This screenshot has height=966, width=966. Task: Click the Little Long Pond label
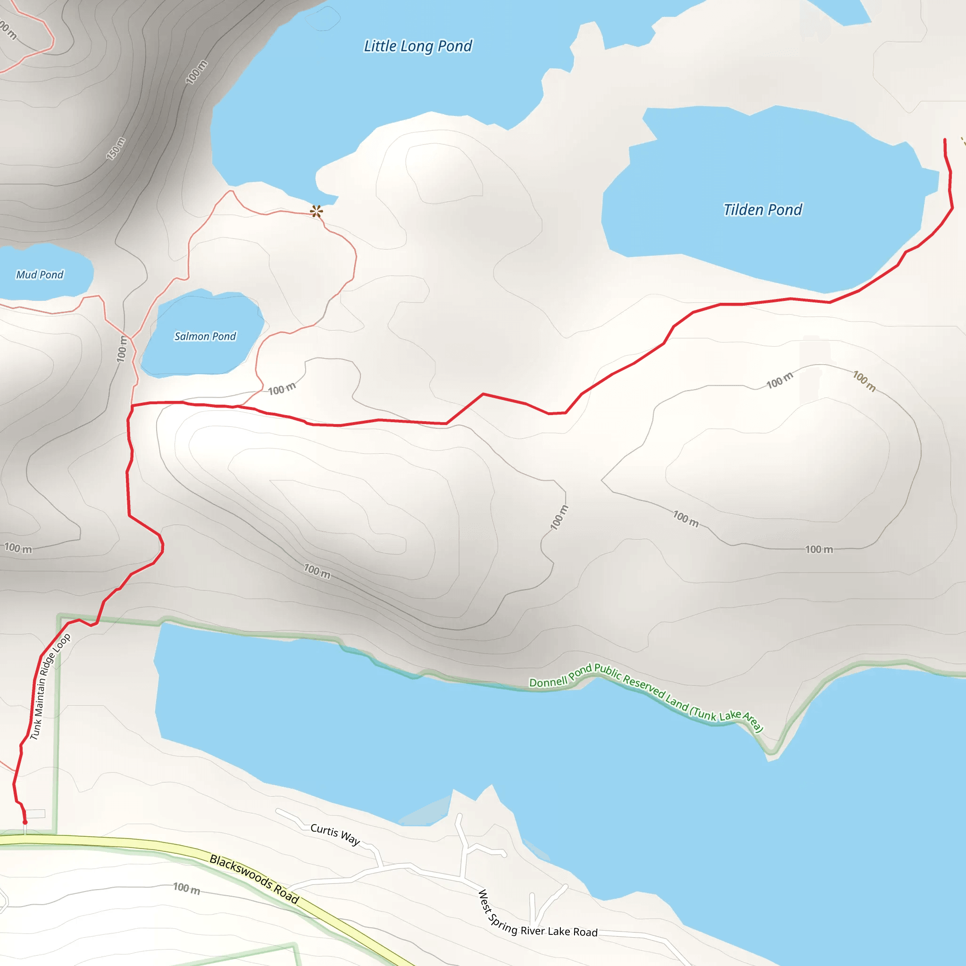pyautogui.click(x=417, y=46)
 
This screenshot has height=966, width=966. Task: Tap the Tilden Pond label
pyautogui.click(x=763, y=209)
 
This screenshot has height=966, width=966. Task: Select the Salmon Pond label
pyautogui.click(x=205, y=336)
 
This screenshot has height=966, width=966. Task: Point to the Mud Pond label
pyautogui.click(x=40, y=275)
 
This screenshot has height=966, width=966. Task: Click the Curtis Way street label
pyautogui.click(x=335, y=833)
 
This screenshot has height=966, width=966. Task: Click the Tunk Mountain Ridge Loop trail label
pyautogui.click(x=50, y=686)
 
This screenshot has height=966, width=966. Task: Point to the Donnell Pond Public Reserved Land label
pyautogui.click(x=645, y=695)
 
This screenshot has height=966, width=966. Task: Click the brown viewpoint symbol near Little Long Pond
pyautogui.click(x=316, y=211)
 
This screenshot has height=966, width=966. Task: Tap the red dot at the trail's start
pyautogui.click(x=25, y=822)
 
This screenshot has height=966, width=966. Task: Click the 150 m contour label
pyautogui.click(x=116, y=149)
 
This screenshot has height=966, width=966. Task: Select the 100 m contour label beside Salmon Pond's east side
pyautogui.click(x=282, y=389)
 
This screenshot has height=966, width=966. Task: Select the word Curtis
pyautogui.click(x=325, y=830)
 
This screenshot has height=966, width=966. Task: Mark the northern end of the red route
pyautogui.click(x=944, y=140)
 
